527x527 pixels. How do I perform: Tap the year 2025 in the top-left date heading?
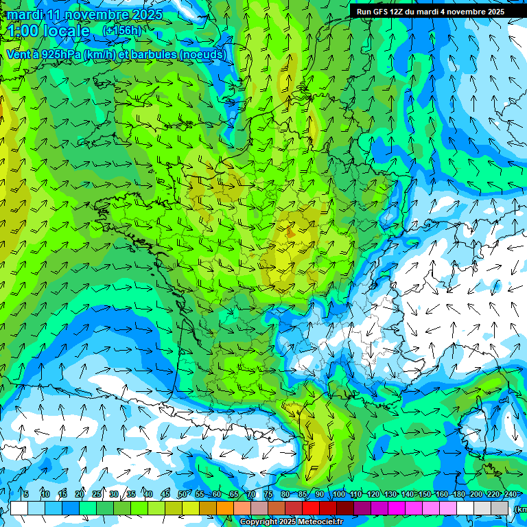click(x=146, y=14)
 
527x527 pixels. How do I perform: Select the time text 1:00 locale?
click(x=49, y=31)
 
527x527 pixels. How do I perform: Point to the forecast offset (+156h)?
click(x=121, y=31)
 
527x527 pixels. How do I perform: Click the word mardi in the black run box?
click(x=434, y=11)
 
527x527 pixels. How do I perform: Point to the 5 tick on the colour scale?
click(x=26, y=494)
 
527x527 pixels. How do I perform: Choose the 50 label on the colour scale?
click(x=182, y=494)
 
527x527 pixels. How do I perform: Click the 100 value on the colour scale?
click(x=338, y=494)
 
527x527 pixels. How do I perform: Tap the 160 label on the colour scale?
click(x=443, y=494)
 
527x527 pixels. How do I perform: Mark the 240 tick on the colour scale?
click(x=510, y=494)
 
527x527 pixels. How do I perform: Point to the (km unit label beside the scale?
click(x=520, y=509)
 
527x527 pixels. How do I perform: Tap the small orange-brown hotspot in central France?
click(x=291, y=233)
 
